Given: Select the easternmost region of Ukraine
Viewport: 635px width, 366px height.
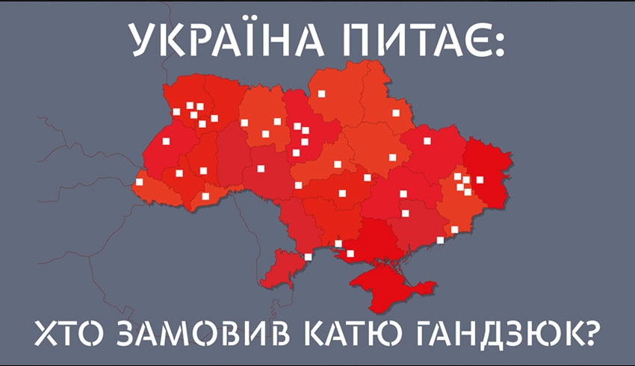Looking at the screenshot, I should point(486,172).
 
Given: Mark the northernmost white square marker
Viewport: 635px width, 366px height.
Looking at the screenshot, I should point(322,94).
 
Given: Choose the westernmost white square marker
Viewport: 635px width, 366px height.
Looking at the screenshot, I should point(139,182).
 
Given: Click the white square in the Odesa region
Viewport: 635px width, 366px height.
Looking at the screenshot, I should point(308,258).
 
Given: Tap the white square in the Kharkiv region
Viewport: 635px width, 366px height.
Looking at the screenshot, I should point(427,140).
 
